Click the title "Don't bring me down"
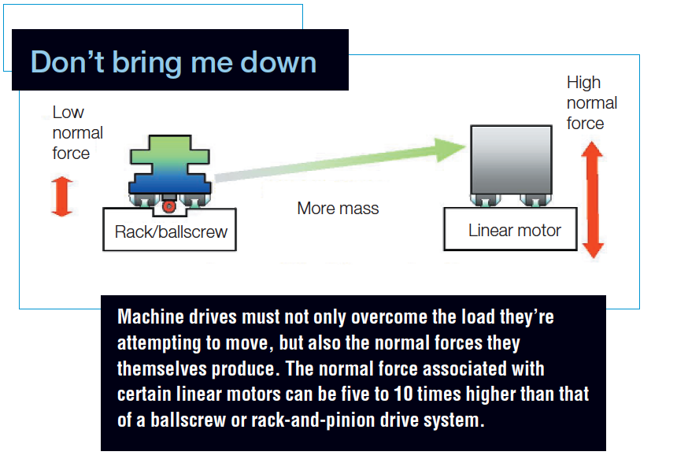(x=173, y=61)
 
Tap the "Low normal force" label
(x=77, y=132)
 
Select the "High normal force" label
(x=591, y=103)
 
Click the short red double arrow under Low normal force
(x=61, y=196)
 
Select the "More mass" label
(x=338, y=209)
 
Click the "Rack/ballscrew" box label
(x=170, y=231)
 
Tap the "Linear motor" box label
(x=514, y=231)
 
